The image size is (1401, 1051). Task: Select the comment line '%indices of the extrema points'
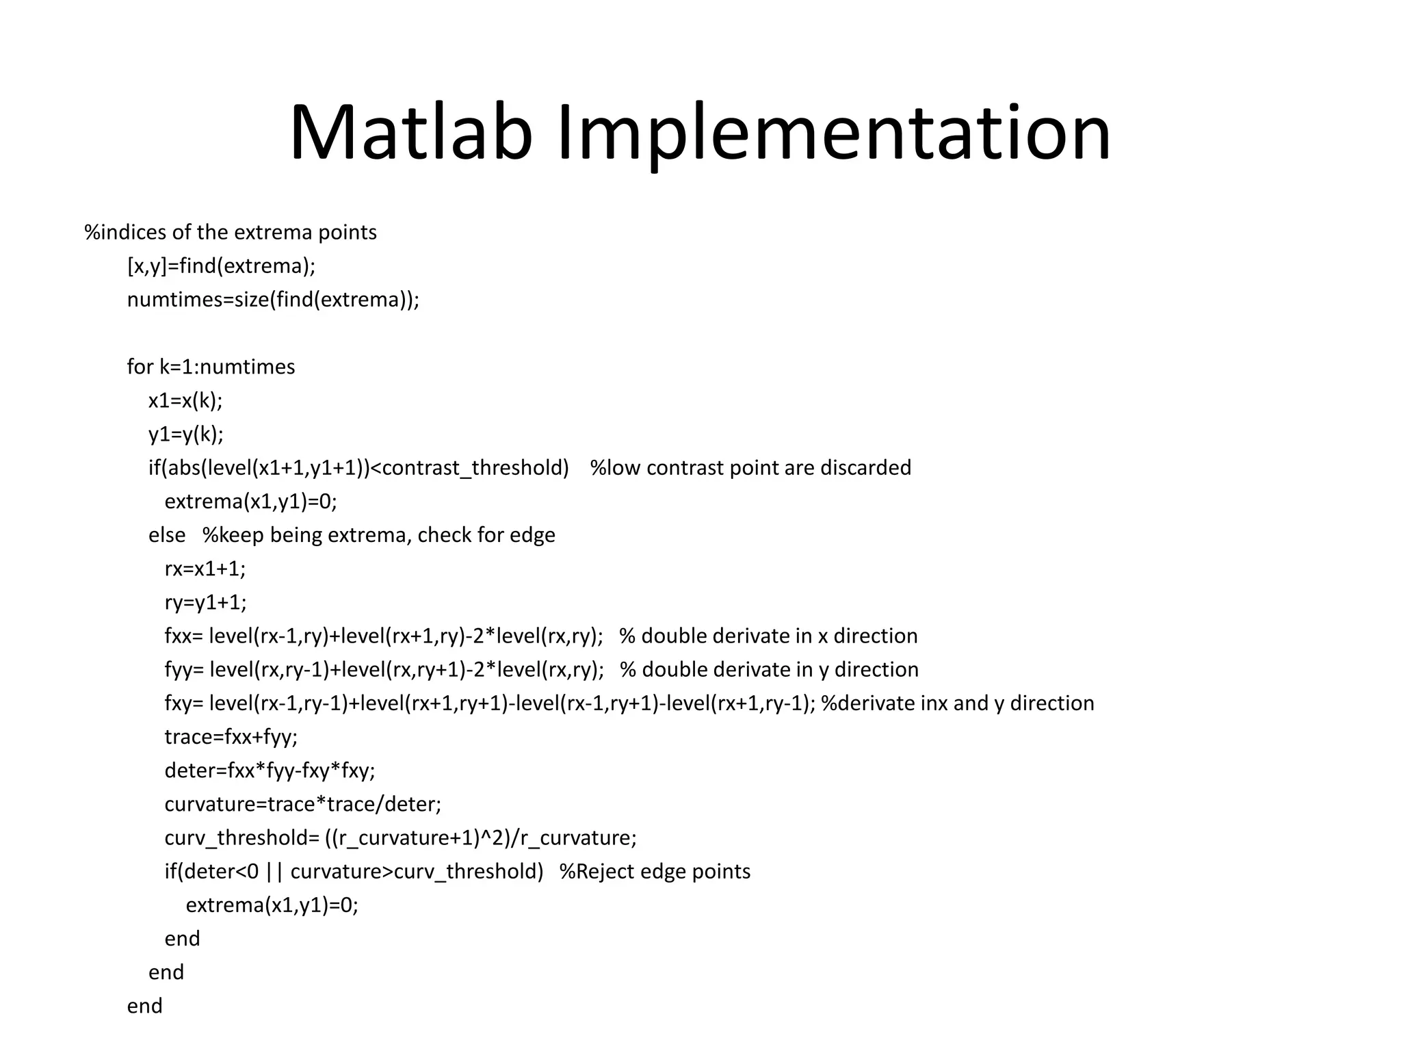pos(231,233)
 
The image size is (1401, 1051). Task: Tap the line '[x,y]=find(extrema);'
pos(221,266)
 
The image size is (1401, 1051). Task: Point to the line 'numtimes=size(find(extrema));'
pos(273,300)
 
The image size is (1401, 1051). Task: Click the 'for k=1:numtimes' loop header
pos(211,367)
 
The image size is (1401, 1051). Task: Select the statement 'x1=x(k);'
pos(185,400)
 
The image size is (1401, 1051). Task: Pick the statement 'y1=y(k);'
pos(185,434)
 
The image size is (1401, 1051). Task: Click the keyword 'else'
pos(167,535)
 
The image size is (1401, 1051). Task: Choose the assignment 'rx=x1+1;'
pos(205,569)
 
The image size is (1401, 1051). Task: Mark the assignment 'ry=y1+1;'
pos(205,602)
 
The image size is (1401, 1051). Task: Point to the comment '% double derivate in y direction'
pos(769,670)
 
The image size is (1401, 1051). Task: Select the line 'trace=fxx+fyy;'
pos(231,737)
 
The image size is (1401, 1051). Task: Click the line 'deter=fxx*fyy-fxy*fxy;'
pos(270,771)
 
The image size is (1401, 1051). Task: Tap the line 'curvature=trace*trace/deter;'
pos(302,804)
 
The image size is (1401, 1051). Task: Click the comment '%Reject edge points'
pos(655,872)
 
